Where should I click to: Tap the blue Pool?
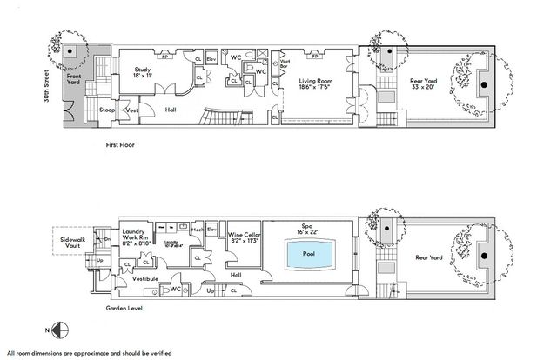tap(308, 255)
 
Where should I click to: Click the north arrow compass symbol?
tap(58, 330)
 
